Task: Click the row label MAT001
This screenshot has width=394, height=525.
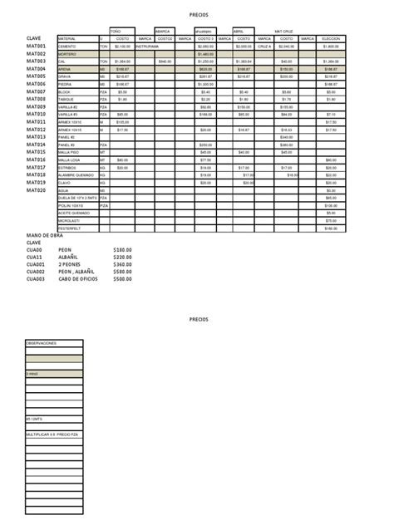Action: click(x=36, y=47)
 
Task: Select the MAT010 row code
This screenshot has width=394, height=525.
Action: click(x=36, y=114)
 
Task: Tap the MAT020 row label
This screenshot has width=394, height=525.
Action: click(x=36, y=189)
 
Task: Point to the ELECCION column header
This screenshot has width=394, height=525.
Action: click(x=330, y=39)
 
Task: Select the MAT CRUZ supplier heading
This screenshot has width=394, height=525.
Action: click(x=286, y=30)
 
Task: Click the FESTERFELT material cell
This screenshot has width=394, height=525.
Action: click(x=70, y=228)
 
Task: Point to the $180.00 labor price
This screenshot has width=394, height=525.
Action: click(x=122, y=249)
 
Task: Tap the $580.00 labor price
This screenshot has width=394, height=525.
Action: click(x=122, y=271)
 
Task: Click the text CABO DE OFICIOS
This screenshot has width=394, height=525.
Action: click(x=78, y=278)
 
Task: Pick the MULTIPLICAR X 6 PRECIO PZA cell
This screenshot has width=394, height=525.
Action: click(x=54, y=434)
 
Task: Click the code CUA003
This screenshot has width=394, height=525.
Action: click(x=36, y=278)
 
